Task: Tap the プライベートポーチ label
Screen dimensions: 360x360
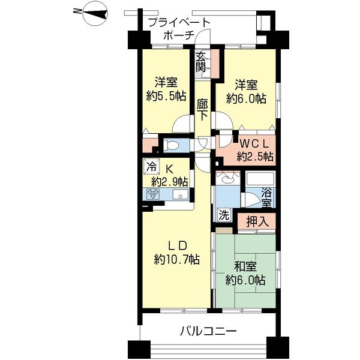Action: click(x=179, y=29)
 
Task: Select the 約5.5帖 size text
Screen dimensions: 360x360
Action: click(x=166, y=97)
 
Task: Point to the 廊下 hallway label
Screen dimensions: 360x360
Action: click(x=202, y=110)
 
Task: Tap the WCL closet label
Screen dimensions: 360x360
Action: click(x=254, y=144)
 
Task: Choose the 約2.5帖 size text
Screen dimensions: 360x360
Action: click(x=255, y=157)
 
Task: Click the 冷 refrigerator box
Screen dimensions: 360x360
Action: click(x=151, y=166)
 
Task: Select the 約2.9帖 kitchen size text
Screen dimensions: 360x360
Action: click(x=169, y=182)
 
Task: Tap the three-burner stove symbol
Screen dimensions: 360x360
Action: click(x=153, y=194)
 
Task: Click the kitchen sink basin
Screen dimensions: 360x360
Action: click(x=181, y=194)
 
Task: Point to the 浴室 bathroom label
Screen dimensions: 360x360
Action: click(x=266, y=197)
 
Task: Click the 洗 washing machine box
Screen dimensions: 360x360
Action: click(x=224, y=215)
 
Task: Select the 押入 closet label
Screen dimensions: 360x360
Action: click(x=257, y=221)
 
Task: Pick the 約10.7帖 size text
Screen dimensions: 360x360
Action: click(x=176, y=260)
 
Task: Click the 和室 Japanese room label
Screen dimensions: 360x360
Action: click(x=245, y=266)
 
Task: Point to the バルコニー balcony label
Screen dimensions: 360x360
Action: click(x=208, y=331)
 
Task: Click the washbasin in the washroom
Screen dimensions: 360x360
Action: click(x=227, y=178)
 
